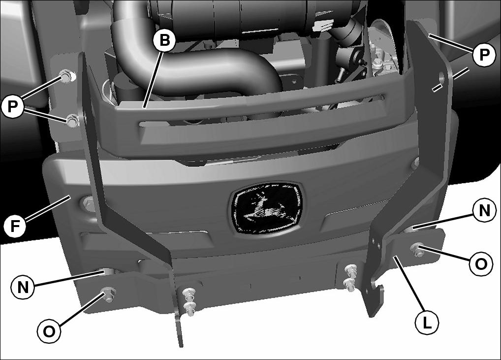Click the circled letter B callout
coord(164,40)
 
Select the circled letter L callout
coord(427,323)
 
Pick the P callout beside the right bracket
coord(484,55)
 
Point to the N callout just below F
coord(23,287)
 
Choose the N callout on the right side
coord(484,210)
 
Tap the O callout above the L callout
coord(481,264)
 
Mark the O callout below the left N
coord(49,331)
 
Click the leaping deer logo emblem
coord(267,207)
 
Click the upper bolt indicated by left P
coord(67,76)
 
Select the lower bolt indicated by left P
coord(72,121)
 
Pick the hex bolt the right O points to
coord(417,249)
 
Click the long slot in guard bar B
coord(262,110)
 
